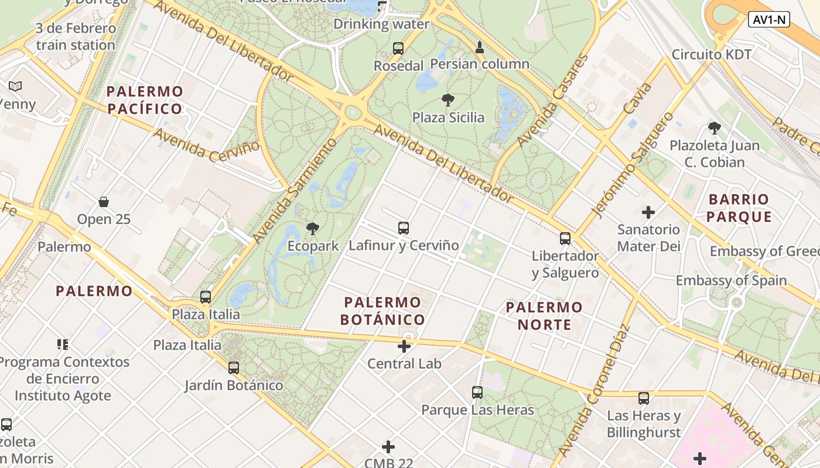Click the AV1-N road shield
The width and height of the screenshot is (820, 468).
click(769, 20)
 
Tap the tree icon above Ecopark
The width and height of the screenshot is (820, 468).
click(313, 229)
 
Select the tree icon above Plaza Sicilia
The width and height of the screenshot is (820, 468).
click(448, 100)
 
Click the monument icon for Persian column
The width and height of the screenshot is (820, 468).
click(480, 47)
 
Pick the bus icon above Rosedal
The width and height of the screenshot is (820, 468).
click(398, 49)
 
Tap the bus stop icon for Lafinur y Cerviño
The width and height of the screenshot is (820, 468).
click(403, 228)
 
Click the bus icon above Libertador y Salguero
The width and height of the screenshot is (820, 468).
click(565, 239)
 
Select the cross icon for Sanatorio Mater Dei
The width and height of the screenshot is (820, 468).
click(648, 212)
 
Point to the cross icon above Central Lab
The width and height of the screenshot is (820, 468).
click(404, 347)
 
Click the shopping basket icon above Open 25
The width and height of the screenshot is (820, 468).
click(104, 202)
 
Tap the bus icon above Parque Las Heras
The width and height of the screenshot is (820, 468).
click(477, 393)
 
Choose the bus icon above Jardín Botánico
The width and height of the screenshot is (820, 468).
click(234, 368)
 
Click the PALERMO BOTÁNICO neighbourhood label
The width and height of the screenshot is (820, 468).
click(382, 311)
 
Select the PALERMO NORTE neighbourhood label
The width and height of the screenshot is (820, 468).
click(544, 316)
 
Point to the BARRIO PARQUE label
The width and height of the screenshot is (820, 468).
click(739, 208)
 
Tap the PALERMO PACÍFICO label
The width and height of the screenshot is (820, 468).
click(145, 100)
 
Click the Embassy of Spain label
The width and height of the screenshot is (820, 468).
click(731, 280)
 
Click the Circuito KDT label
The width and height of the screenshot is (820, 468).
click(711, 54)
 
